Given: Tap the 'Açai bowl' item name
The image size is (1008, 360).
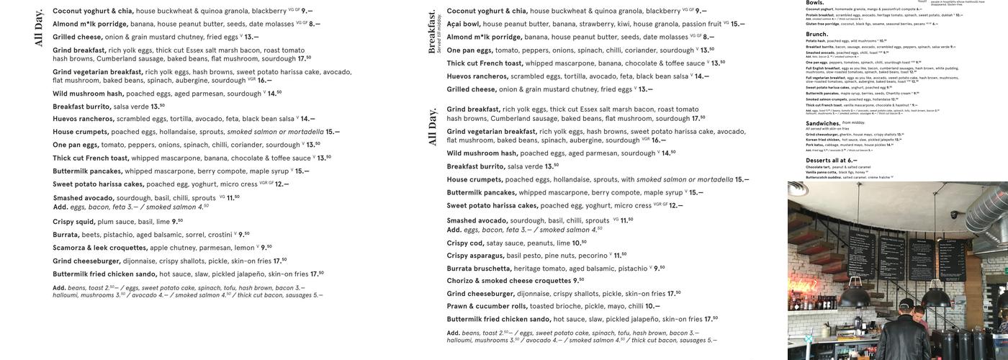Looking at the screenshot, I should (x=463, y=24).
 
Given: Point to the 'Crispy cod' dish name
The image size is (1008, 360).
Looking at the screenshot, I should (x=464, y=243).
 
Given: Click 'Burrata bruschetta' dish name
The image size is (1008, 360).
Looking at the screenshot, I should (x=479, y=269).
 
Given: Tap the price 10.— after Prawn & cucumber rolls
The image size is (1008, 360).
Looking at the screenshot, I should (x=652, y=306).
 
